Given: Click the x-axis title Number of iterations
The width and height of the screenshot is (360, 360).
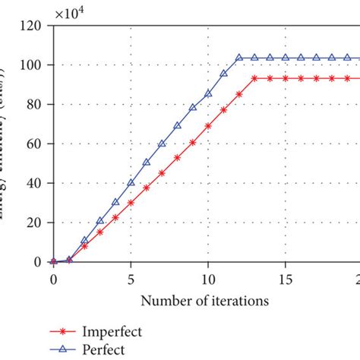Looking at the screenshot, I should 204,300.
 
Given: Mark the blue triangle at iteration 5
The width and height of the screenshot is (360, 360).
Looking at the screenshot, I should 131,183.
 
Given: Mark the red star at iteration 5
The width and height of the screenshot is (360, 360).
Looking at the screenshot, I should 131,202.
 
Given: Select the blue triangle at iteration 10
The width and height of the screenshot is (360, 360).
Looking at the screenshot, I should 208,93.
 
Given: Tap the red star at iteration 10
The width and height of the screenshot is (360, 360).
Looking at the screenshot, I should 208,125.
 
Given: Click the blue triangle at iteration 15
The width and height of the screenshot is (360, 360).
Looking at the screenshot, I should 285,57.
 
